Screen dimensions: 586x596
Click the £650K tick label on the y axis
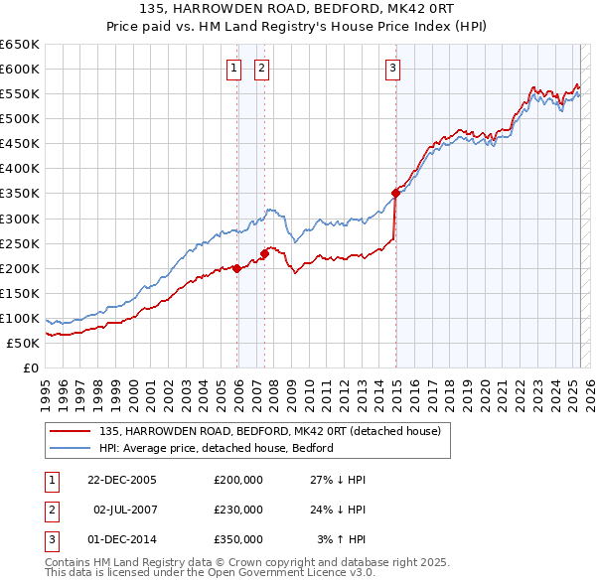(x=20, y=44)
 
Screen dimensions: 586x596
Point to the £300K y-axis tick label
(x=20, y=219)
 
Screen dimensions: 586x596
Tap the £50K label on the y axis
(x=23, y=343)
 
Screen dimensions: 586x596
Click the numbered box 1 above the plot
(x=233, y=69)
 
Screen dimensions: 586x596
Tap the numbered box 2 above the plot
(x=261, y=69)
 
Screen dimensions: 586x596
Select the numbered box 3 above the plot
(x=392, y=69)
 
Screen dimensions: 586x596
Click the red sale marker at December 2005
(x=237, y=268)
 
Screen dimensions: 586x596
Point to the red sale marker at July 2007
(x=265, y=253)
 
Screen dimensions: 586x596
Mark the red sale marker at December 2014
(x=395, y=193)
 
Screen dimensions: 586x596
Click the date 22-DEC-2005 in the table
(x=122, y=480)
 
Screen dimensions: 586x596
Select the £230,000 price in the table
(x=238, y=510)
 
